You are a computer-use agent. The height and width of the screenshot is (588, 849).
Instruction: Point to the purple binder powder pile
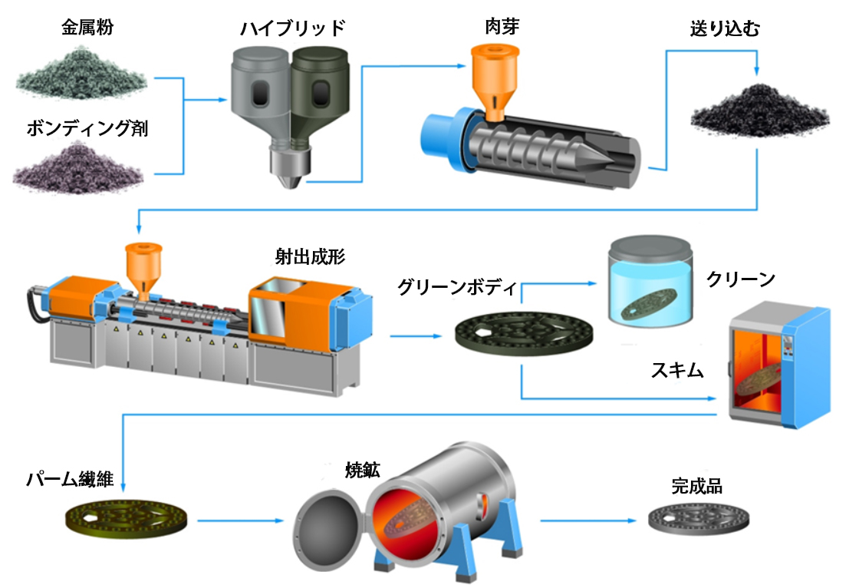pos(78,170)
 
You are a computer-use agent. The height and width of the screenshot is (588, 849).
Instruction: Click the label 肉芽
pos(494,28)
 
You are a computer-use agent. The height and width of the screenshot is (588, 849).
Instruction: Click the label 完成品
pos(696,486)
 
